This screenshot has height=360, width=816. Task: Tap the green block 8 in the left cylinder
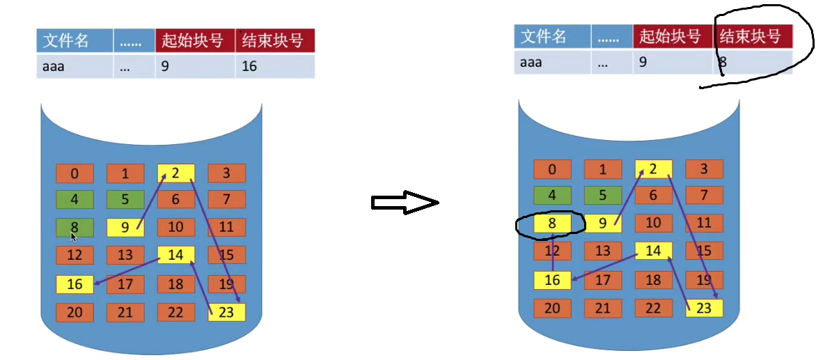(x=74, y=226)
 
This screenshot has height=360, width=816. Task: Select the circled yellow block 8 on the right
(x=552, y=224)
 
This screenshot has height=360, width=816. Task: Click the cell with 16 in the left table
(x=275, y=67)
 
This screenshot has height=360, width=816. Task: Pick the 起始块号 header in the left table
(x=196, y=40)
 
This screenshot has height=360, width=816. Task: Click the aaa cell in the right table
(x=552, y=63)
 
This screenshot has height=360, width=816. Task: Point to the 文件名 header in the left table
(x=75, y=40)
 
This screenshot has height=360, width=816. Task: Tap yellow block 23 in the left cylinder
(x=226, y=312)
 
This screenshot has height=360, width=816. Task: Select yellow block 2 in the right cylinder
(x=653, y=169)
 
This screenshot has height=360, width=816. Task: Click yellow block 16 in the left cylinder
(x=74, y=283)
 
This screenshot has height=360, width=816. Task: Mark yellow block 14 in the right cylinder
(x=653, y=251)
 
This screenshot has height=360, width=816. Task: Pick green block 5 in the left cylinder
(x=125, y=200)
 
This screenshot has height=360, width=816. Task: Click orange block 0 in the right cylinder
(x=552, y=169)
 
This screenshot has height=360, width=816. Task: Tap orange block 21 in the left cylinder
(x=125, y=312)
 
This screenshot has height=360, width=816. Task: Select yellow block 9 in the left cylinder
(x=125, y=227)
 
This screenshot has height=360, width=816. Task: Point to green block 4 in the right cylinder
(x=552, y=196)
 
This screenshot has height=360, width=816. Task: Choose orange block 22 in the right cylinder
(x=653, y=308)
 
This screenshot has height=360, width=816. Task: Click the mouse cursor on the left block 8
(x=74, y=237)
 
